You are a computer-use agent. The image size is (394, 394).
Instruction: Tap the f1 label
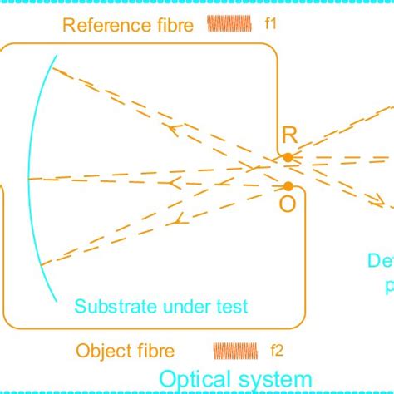tap(270, 25)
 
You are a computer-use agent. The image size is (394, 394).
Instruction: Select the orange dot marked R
tap(287, 157)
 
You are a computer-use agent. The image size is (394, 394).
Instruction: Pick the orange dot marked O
tap(288, 186)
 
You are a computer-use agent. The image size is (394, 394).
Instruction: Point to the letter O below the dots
tap(287, 205)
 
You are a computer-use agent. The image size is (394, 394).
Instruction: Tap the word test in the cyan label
tap(232, 307)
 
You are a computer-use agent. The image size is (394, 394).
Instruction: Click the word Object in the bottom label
tap(99, 349)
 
